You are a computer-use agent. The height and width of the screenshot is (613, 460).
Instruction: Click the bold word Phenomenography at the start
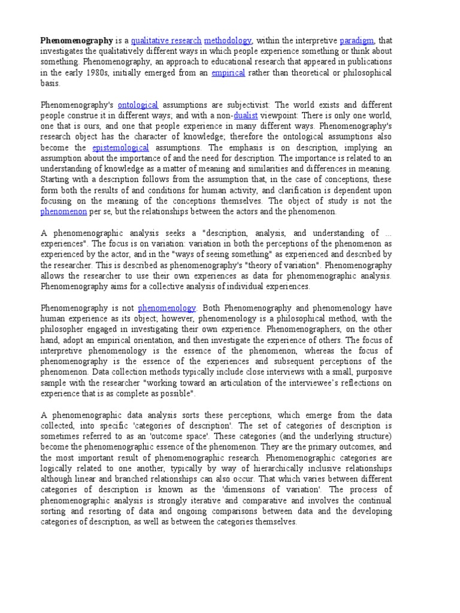[x=77, y=41]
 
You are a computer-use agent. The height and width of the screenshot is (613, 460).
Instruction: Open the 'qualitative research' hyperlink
[x=166, y=41]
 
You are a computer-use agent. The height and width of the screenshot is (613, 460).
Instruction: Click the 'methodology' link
[x=228, y=41]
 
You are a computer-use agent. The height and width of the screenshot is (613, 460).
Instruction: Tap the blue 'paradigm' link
[x=356, y=41]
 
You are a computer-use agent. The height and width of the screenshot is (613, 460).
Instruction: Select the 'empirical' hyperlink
[x=228, y=73]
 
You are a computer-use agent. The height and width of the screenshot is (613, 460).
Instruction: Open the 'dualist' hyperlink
[x=246, y=116]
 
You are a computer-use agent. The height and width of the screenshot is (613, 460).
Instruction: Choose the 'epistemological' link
[x=120, y=148]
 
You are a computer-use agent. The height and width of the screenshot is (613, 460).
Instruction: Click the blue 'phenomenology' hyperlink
[x=167, y=308]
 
